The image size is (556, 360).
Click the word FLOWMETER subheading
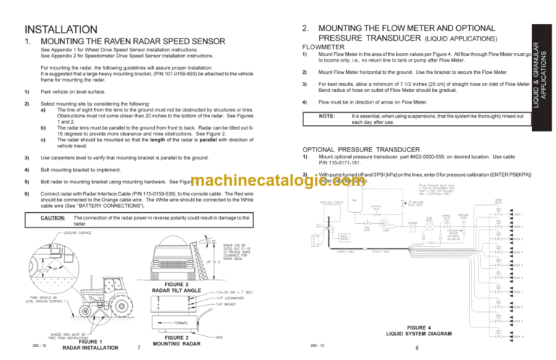coord(324,46)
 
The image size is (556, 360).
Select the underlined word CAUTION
coord(54,217)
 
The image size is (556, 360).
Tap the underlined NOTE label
coord(327,115)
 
